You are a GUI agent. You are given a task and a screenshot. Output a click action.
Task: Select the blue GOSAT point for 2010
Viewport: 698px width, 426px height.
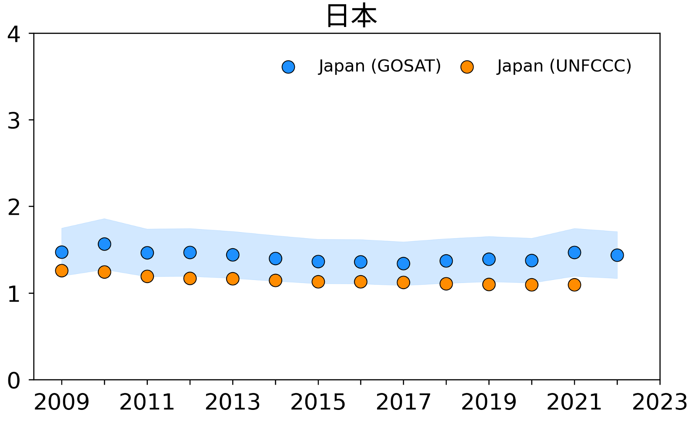[104, 244]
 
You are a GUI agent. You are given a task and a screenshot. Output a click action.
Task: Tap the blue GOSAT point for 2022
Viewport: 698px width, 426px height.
[617, 255]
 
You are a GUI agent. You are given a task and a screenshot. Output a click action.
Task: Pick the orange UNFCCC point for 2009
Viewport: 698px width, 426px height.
[62, 270]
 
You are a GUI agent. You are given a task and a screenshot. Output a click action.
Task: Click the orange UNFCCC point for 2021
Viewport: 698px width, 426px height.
[574, 285]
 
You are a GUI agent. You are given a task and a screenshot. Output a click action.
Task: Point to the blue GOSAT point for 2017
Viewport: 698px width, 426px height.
[404, 263]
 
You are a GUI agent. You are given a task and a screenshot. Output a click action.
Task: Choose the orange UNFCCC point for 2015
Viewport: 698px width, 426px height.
[318, 282]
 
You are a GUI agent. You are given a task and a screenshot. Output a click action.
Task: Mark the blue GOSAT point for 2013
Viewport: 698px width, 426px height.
[233, 255]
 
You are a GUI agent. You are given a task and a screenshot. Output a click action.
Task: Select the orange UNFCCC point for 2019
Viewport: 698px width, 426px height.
[489, 284]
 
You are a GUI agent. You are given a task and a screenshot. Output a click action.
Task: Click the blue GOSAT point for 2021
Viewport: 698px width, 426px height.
[574, 253]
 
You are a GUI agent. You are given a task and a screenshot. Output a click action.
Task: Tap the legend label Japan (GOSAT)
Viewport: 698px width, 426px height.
[380, 67]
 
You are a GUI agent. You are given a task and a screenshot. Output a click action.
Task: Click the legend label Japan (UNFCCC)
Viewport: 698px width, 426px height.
[564, 67]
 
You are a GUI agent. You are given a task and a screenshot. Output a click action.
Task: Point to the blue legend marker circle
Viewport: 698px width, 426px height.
[288, 67]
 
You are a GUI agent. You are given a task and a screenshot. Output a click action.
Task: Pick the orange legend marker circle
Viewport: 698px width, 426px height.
[467, 67]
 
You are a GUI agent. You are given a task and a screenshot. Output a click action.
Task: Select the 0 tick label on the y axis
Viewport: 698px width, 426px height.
[14, 381]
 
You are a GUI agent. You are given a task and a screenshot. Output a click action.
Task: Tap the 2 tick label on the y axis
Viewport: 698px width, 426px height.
[14, 208]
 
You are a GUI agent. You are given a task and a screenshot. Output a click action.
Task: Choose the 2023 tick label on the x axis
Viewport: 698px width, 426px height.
[659, 403]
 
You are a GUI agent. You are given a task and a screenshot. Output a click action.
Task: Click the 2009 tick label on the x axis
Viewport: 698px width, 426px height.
[61, 403]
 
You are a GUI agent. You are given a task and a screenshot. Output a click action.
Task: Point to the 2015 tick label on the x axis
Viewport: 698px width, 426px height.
[318, 403]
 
